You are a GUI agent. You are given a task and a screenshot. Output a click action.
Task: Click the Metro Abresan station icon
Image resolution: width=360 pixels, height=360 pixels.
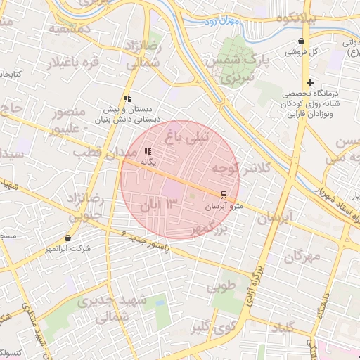(224, 194)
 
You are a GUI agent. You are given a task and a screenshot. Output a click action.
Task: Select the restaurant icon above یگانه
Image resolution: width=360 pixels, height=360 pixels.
(148, 151)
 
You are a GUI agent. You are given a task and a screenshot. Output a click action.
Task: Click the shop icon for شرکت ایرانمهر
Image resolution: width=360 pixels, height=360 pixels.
(67, 238)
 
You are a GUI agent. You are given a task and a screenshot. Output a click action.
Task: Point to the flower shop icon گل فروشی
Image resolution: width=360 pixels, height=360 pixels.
(302, 41)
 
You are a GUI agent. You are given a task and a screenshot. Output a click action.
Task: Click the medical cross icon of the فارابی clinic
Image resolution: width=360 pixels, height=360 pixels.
(310, 82)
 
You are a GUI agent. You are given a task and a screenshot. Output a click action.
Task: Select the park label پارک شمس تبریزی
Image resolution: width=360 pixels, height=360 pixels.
(233, 69)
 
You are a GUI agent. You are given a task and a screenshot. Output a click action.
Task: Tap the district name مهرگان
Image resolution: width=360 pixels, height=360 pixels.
(302, 256)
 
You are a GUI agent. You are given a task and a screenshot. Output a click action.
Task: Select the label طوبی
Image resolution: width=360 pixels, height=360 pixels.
(221, 288)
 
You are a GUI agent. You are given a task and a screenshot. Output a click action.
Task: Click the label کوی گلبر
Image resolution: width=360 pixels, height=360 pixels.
(212, 326)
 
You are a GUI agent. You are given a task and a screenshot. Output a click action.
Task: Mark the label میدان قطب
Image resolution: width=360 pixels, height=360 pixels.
(100, 153)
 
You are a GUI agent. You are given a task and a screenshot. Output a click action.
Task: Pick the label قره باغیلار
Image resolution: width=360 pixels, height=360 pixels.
(72, 62)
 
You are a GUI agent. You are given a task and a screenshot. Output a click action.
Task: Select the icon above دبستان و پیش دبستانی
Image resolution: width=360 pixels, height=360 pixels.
(127, 98)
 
